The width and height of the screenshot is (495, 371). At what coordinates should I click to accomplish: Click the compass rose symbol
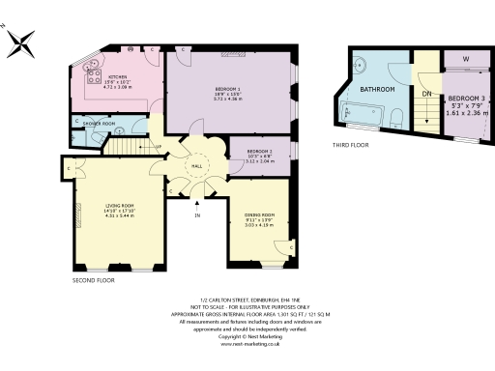pyautogui.click(x=22, y=41)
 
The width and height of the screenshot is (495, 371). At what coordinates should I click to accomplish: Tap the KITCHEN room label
pyautogui.click(x=119, y=76)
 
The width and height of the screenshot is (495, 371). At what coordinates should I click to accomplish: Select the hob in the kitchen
pyautogui.click(x=94, y=73)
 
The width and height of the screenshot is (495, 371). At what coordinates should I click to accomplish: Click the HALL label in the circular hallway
pyautogui.click(x=196, y=166)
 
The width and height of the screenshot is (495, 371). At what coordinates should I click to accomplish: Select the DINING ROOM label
pyautogui.click(x=259, y=214)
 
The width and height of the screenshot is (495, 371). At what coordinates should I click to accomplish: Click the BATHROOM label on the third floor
pyautogui.click(x=377, y=89)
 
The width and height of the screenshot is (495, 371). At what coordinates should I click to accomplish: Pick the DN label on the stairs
pyautogui.click(x=425, y=94)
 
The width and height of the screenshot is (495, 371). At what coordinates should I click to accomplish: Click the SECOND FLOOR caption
pyautogui.click(x=93, y=280)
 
